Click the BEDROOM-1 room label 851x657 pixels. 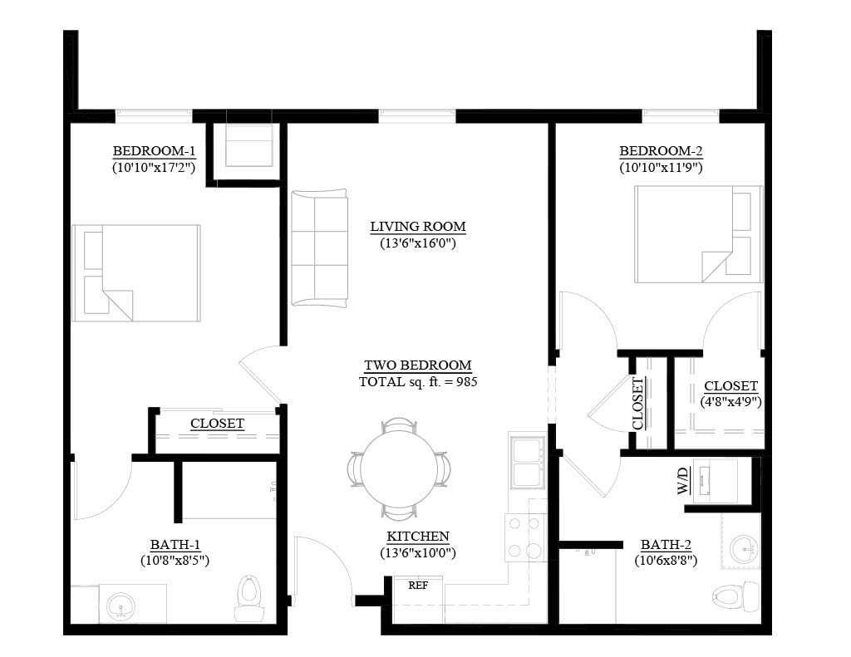tap(154, 151)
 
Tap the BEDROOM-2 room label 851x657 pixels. tap(661, 151)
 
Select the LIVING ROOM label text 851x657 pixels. tap(418, 226)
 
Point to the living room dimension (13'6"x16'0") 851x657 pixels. tap(418, 243)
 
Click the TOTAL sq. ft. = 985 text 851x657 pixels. tap(418, 381)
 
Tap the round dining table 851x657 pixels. tap(399, 468)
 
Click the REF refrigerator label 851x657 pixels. tap(418, 586)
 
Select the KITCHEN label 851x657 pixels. tap(418, 537)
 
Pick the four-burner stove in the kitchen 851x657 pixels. tap(525, 537)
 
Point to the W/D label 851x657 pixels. tap(683, 481)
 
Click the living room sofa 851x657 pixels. tap(319, 248)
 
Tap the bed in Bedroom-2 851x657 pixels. tap(699, 234)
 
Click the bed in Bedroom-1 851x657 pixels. tap(136, 273)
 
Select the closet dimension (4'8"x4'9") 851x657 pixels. tap(730, 402)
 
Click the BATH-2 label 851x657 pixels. tap(666, 545)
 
